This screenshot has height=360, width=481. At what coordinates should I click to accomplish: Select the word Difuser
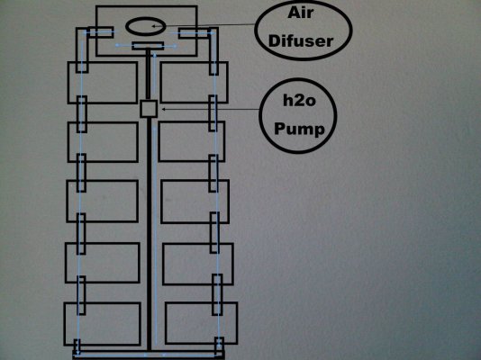[300, 41]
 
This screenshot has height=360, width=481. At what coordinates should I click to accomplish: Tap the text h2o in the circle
[299, 101]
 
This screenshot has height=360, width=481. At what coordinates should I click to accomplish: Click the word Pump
[299, 129]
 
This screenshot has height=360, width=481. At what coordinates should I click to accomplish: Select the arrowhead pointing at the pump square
[164, 109]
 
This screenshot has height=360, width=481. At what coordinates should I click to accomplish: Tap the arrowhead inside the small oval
[154, 26]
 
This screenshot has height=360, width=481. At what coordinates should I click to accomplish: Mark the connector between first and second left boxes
[82, 114]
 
